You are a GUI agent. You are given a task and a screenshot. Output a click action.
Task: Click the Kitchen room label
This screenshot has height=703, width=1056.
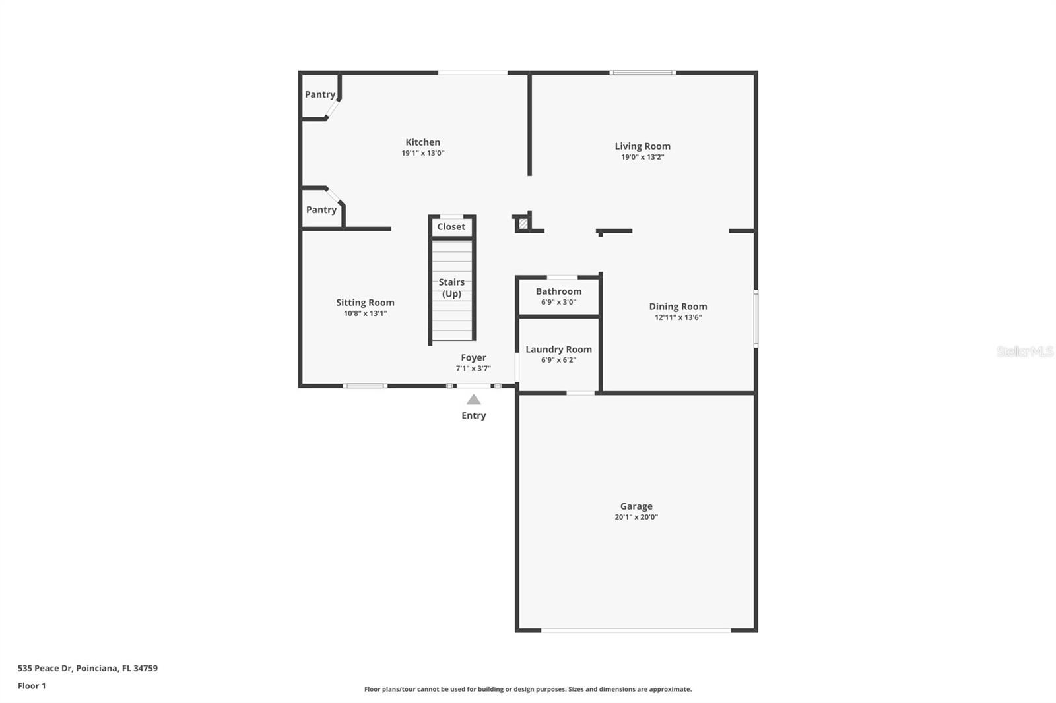422,142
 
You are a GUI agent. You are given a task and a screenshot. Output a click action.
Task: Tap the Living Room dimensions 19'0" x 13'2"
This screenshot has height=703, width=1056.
642,157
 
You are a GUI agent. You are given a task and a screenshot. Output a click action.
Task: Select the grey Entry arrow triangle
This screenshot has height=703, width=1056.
474,400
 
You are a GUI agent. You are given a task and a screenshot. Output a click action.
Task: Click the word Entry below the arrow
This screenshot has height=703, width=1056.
474,415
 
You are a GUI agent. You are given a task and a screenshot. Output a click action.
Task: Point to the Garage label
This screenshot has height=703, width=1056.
636,506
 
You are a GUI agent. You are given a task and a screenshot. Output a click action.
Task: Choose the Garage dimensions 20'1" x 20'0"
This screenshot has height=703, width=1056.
636,517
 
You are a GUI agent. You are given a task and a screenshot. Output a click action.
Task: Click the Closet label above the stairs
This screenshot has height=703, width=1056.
451,227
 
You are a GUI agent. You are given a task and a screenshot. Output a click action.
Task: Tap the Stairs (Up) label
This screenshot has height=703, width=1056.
451,288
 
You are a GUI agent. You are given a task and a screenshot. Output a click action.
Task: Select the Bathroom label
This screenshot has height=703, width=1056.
558,291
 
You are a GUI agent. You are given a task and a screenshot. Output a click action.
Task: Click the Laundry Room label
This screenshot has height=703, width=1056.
558,350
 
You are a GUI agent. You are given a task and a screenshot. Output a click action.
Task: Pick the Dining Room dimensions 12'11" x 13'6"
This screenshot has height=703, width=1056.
678,317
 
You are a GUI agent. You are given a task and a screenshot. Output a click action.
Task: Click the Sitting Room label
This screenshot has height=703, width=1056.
365,303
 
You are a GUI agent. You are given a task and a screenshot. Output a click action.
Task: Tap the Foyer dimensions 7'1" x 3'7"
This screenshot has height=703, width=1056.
473,369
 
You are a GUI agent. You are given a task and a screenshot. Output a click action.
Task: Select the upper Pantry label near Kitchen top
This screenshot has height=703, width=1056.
320,95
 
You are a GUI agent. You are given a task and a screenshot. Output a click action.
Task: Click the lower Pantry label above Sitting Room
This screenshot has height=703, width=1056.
321,210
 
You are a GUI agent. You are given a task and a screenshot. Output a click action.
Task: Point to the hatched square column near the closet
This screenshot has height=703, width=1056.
523,224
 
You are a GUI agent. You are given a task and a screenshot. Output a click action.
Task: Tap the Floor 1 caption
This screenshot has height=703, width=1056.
32,686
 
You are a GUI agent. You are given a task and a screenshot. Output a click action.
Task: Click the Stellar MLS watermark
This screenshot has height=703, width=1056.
1024,351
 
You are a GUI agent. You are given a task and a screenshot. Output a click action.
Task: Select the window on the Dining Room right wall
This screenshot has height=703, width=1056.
756,319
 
